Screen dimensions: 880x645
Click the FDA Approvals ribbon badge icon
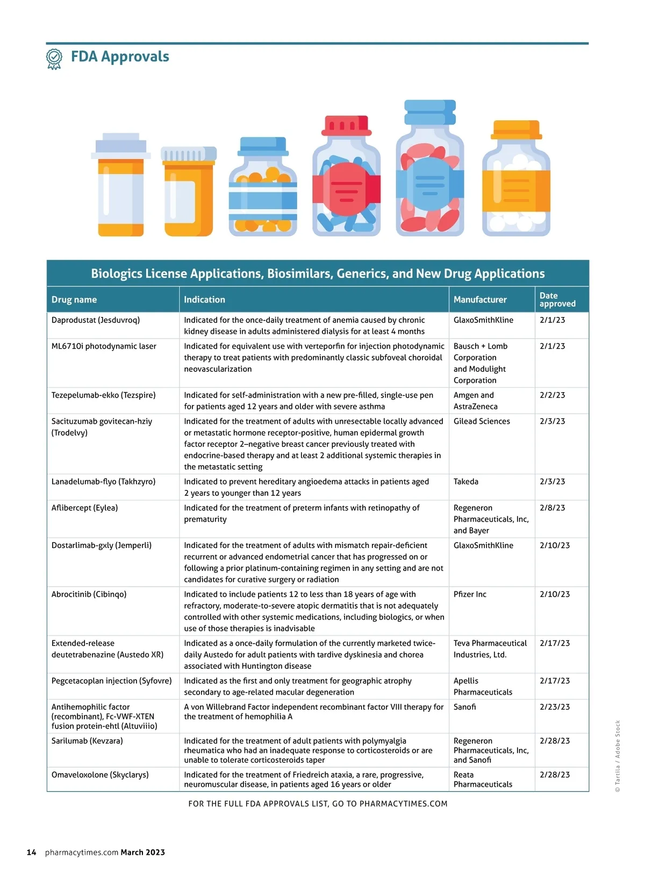54,58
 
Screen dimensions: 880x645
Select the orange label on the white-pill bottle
516,190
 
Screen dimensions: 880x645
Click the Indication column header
204,300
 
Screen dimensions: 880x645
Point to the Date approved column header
557,300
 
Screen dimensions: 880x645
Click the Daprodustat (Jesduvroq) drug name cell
96,320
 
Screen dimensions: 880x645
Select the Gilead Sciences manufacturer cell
482,421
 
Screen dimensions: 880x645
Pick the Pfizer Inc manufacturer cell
470,594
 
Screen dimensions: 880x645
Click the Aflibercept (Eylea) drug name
84,508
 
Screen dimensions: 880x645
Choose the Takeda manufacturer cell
465,481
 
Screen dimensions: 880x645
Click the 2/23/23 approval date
555,707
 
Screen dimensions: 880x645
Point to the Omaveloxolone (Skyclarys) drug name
100,775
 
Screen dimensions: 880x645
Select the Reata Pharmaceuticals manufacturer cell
483,780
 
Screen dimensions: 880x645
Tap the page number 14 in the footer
31,852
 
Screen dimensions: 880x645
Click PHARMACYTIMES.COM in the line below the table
403,804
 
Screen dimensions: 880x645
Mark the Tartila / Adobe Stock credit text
618,756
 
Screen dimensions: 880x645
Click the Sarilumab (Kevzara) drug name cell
87,741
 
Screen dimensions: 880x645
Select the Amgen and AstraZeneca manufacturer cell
475,401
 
